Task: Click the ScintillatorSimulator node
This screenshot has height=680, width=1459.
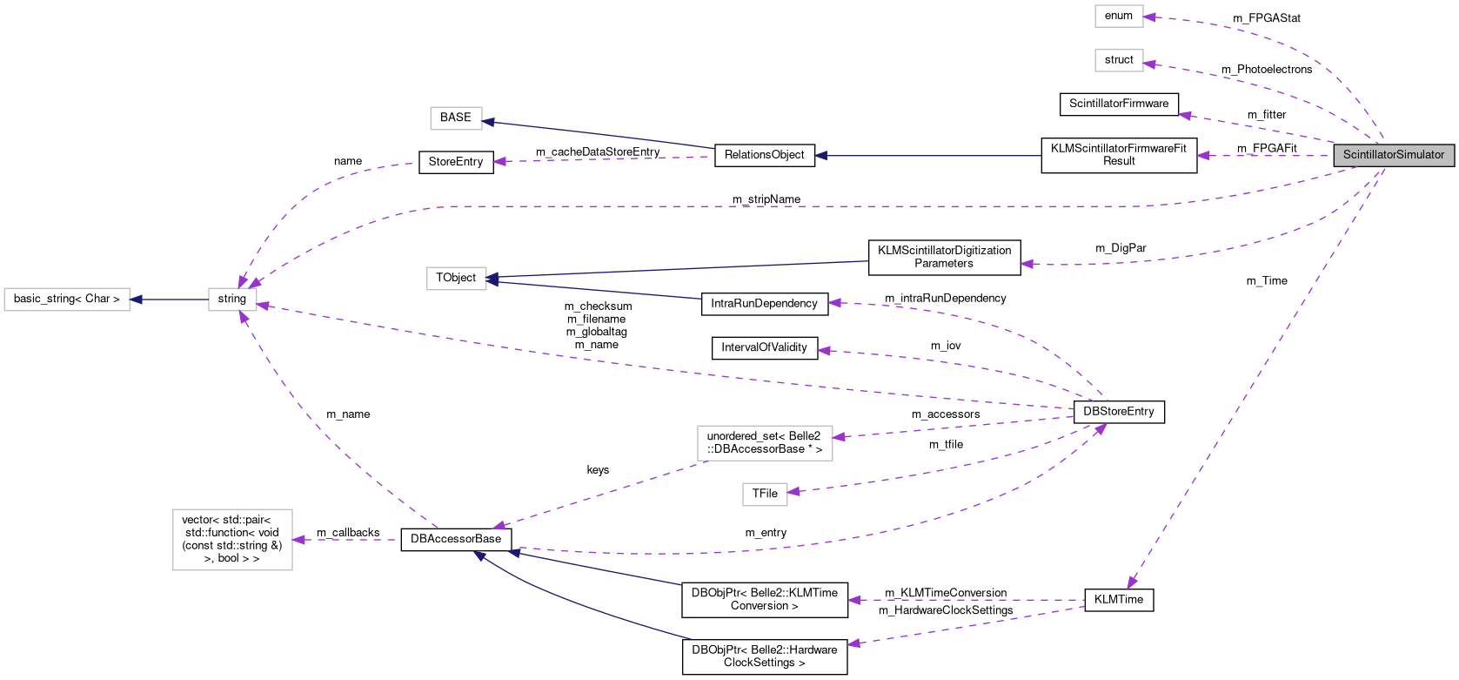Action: pyautogui.click(x=1394, y=155)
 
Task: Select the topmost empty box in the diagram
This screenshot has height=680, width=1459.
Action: pyautogui.click(x=1119, y=17)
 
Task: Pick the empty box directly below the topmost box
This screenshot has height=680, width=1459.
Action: pyautogui.click(x=1119, y=60)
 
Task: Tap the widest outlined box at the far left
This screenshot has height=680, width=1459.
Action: pyautogui.click(x=67, y=300)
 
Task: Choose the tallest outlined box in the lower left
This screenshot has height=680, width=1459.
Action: pyautogui.click(x=232, y=540)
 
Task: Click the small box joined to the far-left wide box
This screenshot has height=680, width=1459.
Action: pyautogui.click(x=232, y=300)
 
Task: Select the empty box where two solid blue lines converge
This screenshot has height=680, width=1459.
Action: pyautogui.click(x=456, y=279)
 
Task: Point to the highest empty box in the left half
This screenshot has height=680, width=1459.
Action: pyautogui.click(x=456, y=118)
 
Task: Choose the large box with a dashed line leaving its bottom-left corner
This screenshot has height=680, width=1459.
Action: pyautogui.click(x=765, y=443)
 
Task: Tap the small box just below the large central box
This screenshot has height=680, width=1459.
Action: pyautogui.click(x=765, y=495)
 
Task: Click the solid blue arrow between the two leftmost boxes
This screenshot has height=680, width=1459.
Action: pyautogui.click(x=170, y=300)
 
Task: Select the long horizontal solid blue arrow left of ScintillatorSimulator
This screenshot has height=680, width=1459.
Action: pyautogui.click(x=927, y=156)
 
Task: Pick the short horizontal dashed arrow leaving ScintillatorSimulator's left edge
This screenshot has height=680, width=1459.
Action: pyautogui.click(x=1266, y=156)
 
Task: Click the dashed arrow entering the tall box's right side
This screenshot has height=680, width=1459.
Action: pyautogui.click(x=344, y=540)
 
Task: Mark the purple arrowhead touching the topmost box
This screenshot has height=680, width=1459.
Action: pyautogui.click(x=1149, y=17)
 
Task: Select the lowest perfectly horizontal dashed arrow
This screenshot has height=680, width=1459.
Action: pyautogui.click(x=966, y=600)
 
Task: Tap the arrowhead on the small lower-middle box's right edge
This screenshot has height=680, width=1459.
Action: pyautogui.click(x=793, y=492)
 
